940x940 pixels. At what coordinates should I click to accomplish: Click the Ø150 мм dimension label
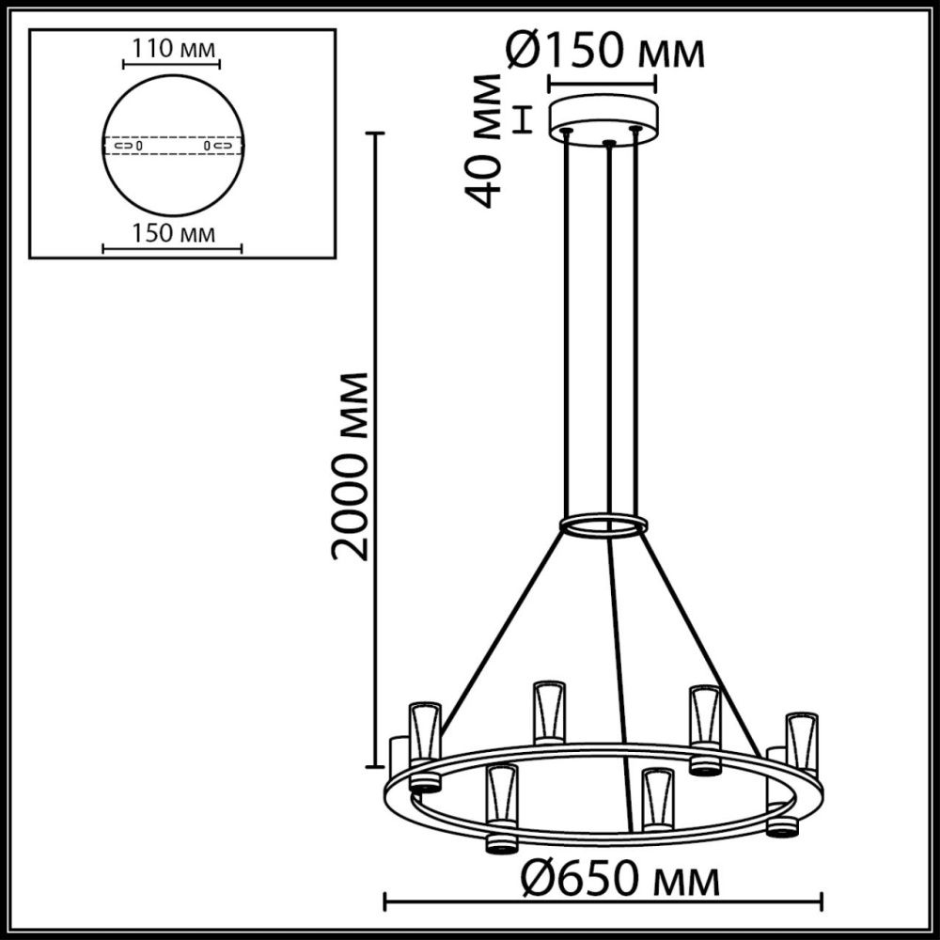(605, 54)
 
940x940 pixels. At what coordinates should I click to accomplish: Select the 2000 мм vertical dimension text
(350, 465)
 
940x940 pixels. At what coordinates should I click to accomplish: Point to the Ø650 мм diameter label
(622, 881)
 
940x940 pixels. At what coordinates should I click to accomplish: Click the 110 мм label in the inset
(171, 48)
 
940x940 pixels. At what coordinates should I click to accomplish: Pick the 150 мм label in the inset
(171, 232)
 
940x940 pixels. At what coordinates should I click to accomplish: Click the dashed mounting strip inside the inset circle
(172, 147)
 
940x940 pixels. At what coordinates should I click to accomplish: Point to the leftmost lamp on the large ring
(424, 743)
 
